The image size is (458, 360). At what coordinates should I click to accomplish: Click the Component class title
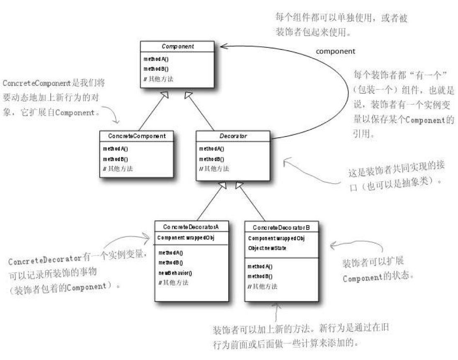(x=178, y=46)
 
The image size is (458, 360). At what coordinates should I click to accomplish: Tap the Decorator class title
(x=233, y=136)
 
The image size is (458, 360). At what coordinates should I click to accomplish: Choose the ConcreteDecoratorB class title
(x=281, y=227)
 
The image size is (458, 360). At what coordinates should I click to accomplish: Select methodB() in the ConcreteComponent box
(x=116, y=159)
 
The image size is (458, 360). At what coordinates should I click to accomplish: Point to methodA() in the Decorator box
(x=211, y=149)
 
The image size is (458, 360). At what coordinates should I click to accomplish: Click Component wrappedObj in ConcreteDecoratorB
(x=276, y=238)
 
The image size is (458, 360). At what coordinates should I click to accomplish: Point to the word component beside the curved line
(x=335, y=51)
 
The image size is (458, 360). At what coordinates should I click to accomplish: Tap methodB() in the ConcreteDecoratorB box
(x=260, y=276)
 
